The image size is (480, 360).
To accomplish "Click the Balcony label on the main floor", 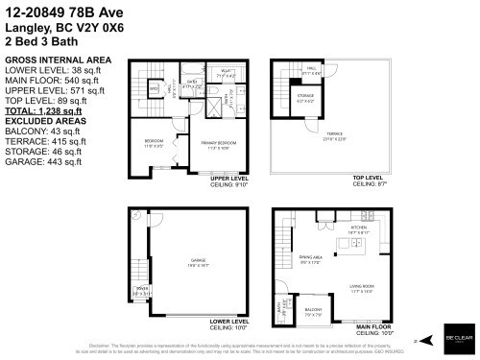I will click(313, 310).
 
